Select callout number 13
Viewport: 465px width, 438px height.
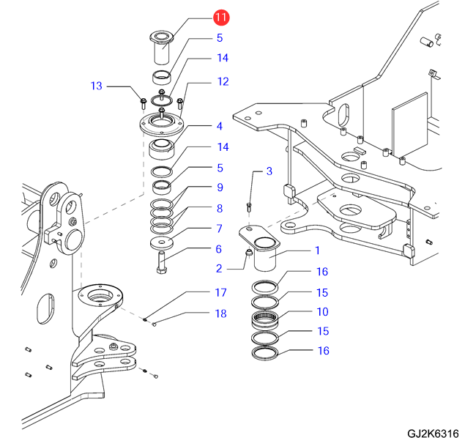tap(97, 86)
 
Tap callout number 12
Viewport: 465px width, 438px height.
tap(223, 81)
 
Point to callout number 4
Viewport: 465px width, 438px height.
tap(219, 126)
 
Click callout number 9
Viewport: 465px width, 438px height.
tap(219, 188)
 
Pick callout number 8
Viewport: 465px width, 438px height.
tap(219, 208)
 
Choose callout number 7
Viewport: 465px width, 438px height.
tap(219, 229)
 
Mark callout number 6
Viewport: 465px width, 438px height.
tap(219, 249)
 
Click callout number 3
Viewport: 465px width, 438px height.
tap(269, 171)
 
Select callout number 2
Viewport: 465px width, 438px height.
tap(219, 268)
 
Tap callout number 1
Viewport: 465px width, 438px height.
tap(317, 250)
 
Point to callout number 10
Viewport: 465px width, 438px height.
tap(322, 312)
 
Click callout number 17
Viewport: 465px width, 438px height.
tap(220, 293)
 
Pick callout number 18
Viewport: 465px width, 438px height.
tap(220, 313)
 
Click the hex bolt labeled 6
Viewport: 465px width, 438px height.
tap(162, 260)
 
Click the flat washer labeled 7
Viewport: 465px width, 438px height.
tap(161, 243)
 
